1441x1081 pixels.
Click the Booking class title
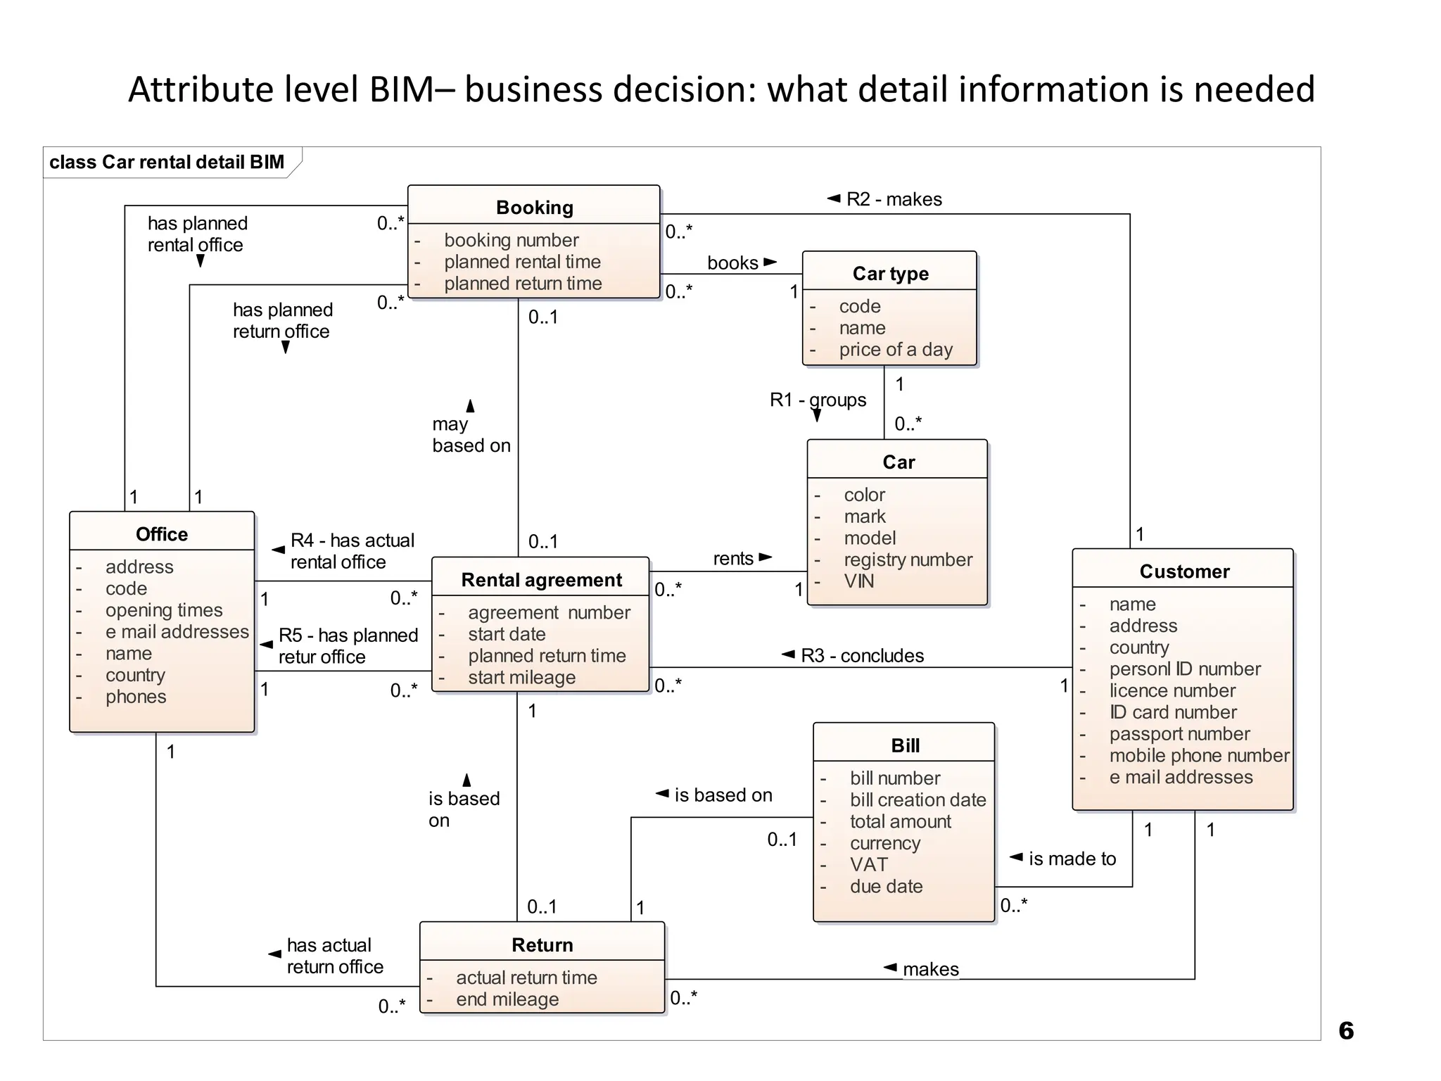pyautogui.click(x=534, y=208)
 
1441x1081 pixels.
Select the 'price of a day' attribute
pyautogui.click(x=895, y=350)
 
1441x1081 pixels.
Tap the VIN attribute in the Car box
pyautogui.click(x=858, y=581)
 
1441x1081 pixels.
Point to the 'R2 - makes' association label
pyautogui.click(x=893, y=199)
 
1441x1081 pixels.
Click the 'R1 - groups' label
pyautogui.click(x=818, y=400)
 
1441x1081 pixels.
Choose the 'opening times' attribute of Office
pyautogui.click(x=163, y=610)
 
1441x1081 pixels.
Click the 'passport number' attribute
pyautogui.click(x=1179, y=734)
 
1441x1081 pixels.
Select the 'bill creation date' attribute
pyautogui.click(x=918, y=800)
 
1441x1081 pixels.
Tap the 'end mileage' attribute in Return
pyautogui.click(x=507, y=999)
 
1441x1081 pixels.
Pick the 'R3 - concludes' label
pyautogui.click(x=861, y=656)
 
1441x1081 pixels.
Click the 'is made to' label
pyautogui.click(x=1072, y=859)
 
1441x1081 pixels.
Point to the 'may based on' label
pyautogui.click(x=471, y=435)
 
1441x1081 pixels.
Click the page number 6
pyautogui.click(x=1345, y=1031)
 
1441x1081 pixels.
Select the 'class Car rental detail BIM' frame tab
pyautogui.click(x=167, y=163)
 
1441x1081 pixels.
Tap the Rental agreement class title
pyautogui.click(x=541, y=580)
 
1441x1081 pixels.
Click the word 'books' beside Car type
pyautogui.click(x=732, y=263)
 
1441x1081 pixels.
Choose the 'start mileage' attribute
pyautogui.click(x=521, y=678)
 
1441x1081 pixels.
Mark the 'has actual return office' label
pyautogui.click(x=334, y=956)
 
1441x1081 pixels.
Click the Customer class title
pyautogui.click(x=1184, y=571)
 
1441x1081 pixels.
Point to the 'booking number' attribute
pyautogui.click(x=511, y=240)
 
